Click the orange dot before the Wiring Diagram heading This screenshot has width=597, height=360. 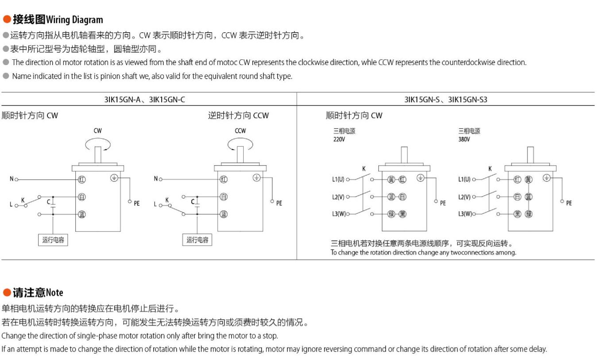coord(7,19)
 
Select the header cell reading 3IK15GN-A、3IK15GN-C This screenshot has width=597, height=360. coord(145,100)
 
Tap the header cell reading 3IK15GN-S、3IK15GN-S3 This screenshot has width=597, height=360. coord(446,100)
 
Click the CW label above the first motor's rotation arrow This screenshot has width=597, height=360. coord(97,131)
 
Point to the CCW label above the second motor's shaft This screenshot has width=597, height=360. coord(240,131)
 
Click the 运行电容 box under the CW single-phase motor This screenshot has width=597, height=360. coord(53,240)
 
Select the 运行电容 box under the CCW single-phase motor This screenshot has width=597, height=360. coord(197,240)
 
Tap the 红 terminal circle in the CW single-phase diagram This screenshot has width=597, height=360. coord(81,179)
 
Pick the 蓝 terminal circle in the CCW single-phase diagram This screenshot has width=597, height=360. coord(224,214)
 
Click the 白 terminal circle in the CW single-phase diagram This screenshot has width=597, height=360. coord(81,197)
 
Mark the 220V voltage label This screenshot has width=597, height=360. coord(339,139)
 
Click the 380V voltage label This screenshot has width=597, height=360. coord(464,139)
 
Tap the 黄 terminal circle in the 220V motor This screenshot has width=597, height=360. coord(391,179)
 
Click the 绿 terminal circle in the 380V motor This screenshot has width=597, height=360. coord(528,214)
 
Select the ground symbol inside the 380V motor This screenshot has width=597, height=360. coord(547,178)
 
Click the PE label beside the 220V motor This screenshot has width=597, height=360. coord(443,203)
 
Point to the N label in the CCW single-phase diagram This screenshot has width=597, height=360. coord(155,179)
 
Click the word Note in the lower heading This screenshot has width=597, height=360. coord(54,293)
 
